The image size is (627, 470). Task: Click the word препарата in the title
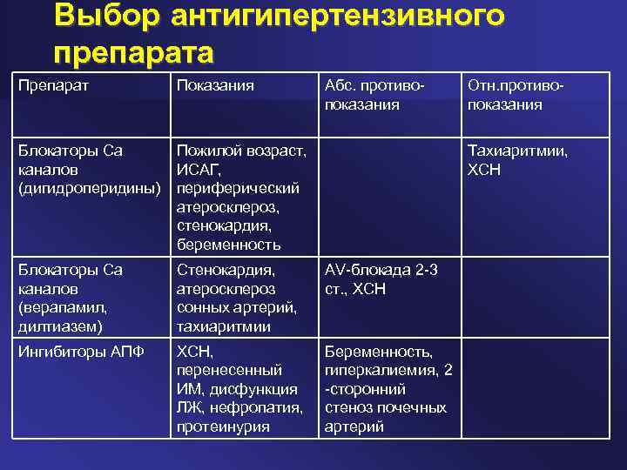132,52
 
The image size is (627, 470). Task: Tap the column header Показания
215,85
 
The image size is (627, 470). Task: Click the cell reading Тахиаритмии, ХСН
517,159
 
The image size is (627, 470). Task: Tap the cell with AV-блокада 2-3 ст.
381,279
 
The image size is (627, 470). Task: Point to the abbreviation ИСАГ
197,169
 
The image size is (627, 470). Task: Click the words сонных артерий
235,307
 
